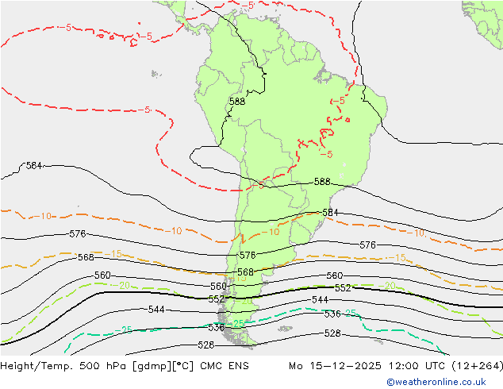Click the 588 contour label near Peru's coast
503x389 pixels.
(236, 102)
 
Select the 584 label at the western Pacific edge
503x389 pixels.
(34, 166)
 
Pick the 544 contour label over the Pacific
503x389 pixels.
(156, 310)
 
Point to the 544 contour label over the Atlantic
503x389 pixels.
(321, 300)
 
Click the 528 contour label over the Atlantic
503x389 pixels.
(333, 333)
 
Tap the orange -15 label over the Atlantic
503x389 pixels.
(401, 258)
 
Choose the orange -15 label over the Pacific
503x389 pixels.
(115, 254)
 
